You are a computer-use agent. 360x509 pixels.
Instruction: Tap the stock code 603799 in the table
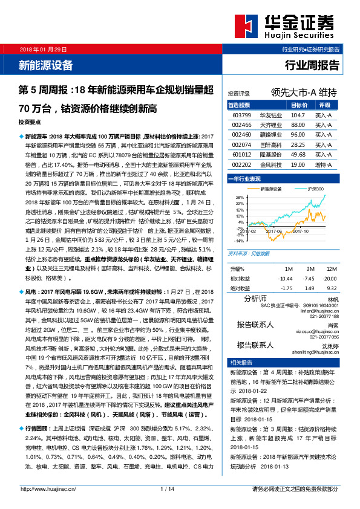241,114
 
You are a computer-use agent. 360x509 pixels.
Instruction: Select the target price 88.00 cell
297,124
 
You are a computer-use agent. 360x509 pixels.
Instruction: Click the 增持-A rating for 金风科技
322,164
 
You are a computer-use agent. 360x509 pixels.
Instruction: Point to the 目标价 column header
298,105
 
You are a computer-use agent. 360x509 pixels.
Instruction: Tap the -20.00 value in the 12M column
329,277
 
